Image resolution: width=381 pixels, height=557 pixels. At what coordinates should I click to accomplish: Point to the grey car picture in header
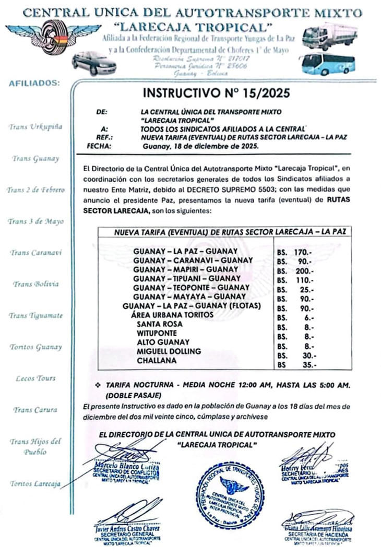pyautogui.click(x=94, y=63)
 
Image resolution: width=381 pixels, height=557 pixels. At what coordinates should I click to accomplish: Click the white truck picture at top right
pyautogui.click(x=329, y=35)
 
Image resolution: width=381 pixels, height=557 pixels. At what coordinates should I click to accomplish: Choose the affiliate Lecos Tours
pyautogui.click(x=35, y=378)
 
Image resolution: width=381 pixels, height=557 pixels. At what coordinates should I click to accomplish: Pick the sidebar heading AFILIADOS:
pyautogui.click(x=35, y=82)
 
